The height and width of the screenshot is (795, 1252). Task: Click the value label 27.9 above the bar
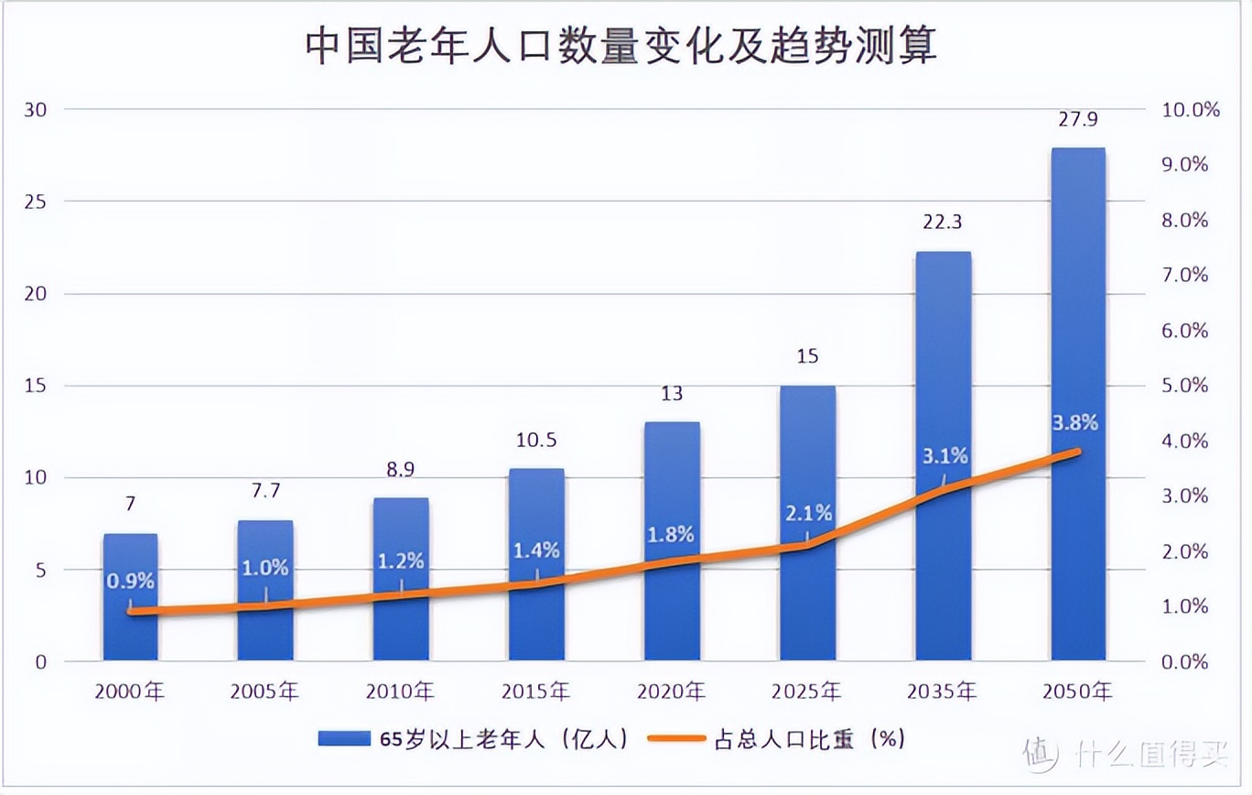point(1078,121)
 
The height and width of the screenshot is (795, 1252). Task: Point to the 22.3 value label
point(943,223)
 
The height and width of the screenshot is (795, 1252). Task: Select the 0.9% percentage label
point(130,581)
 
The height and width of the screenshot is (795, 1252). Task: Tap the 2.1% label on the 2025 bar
point(807,513)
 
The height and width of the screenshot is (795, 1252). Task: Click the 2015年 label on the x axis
point(536,692)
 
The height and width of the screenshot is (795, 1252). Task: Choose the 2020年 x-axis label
point(672,692)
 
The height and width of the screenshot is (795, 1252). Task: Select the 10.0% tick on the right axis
point(1191,110)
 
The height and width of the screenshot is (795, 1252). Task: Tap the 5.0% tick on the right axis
point(1185,386)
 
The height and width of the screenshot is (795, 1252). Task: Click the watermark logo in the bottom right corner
point(1040,753)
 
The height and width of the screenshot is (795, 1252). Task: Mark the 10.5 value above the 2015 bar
point(536,440)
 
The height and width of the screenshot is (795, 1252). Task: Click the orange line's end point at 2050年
point(1078,452)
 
